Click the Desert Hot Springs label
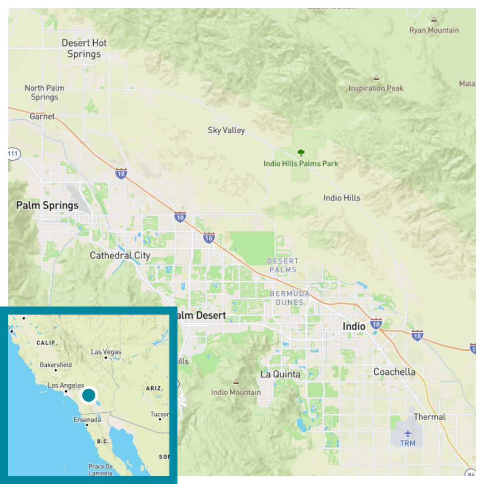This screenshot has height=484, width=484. click(x=84, y=48)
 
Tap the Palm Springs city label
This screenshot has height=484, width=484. click(x=47, y=205)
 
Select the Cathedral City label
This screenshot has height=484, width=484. click(x=120, y=256)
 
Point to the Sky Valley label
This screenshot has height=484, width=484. click(x=226, y=130)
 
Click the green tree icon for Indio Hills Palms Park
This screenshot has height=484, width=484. click(x=301, y=153)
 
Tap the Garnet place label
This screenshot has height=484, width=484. click(x=42, y=116)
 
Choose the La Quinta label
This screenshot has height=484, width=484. click(x=280, y=374)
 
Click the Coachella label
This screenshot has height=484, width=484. click(x=394, y=372)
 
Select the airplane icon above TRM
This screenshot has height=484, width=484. click(x=407, y=433)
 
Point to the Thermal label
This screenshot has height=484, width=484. click(x=430, y=417)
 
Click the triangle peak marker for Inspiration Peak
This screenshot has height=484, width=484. click(x=376, y=78)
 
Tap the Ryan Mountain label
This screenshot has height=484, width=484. click(x=434, y=30)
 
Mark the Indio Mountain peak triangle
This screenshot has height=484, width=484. click(x=236, y=381)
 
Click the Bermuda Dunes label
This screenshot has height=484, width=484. click(x=290, y=298)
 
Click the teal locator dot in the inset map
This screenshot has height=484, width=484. click(x=88, y=395)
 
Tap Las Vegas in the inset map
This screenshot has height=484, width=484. click(x=106, y=352)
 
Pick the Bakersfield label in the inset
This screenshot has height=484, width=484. click(x=56, y=365)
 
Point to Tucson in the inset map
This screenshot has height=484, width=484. click(x=160, y=414)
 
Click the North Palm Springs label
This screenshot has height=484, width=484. click(x=44, y=92)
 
